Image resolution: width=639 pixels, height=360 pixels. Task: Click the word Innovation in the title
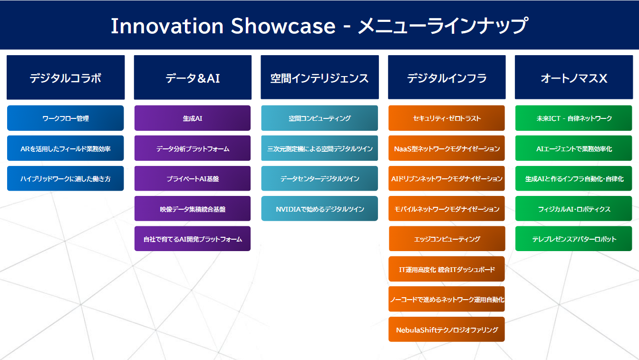[x=167, y=26]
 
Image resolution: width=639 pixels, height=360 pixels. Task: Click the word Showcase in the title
[x=283, y=26]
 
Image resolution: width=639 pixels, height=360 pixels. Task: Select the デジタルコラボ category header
[x=66, y=78]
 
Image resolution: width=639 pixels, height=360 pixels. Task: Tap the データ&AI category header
[x=193, y=78]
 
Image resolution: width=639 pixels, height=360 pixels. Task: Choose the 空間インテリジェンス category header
[x=320, y=78]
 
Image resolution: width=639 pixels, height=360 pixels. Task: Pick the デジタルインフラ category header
[x=447, y=78]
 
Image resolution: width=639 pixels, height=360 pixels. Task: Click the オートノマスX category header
[x=574, y=78]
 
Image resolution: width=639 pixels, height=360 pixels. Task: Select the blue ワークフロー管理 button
[x=65, y=118]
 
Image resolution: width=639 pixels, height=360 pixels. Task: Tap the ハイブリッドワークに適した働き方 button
[x=65, y=179]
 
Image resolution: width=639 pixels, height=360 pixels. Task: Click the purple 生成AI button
[x=193, y=118]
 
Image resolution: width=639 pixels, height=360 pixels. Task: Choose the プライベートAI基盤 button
[x=193, y=179]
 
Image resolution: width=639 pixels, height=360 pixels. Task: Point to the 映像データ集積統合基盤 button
[x=193, y=208]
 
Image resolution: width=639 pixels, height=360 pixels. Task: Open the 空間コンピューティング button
[x=319, y=118]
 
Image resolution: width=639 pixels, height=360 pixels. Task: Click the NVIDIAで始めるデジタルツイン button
[x=319, y=208]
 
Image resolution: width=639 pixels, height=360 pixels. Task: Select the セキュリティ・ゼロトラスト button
[x=446, y=118]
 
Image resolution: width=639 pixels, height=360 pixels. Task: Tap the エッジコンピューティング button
[x=447, y=239]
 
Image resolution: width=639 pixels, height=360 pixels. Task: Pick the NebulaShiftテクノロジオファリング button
[x=446, y=329]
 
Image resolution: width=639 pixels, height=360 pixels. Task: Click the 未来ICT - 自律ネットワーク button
[x=574, y=118]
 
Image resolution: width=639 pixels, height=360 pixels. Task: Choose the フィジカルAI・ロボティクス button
[x=574, y=208]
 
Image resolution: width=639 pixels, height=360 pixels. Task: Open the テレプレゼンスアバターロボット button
[x=574, y=239]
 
